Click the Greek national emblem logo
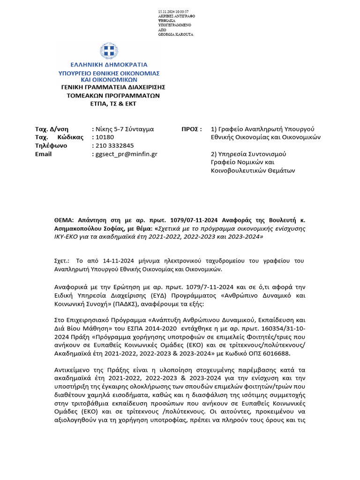tap(108, 51)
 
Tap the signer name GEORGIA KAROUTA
tap(176, 35)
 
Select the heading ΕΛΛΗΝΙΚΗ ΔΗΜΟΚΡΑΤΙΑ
tap(108, 65)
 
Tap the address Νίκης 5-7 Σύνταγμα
tap(124, 128)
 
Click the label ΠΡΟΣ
tap(191, 128)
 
